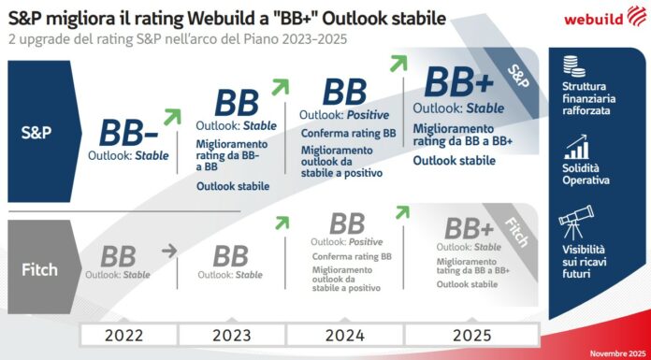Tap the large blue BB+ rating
459,82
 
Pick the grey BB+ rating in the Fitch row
469,229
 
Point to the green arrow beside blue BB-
171,116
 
